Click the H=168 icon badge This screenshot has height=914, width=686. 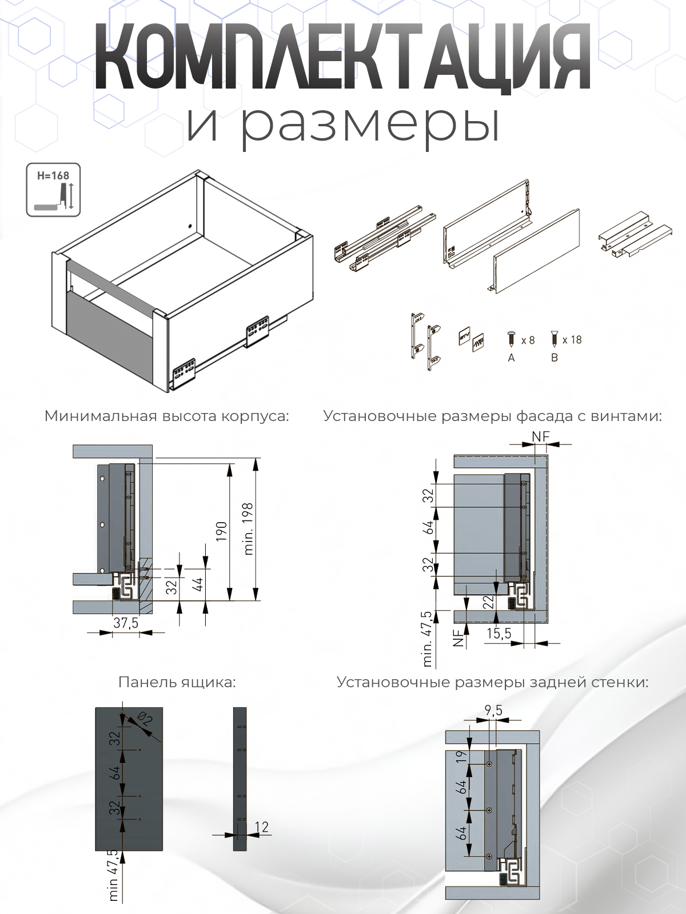coord(53,190)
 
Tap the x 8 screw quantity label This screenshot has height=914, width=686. coord(528,340)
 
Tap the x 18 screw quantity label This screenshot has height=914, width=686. coord(572,340)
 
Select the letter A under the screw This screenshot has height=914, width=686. coord(511,358)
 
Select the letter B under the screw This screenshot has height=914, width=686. coord(554,358)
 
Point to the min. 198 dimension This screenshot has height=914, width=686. coord(248,528)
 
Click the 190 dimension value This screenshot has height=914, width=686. coord(222,531)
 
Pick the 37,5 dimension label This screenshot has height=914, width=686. coord(125,623)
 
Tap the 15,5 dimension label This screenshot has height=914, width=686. coord(498,633)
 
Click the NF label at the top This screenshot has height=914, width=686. coord(540,436)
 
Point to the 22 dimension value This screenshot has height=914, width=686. coord(488,602)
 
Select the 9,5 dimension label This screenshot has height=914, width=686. coord(493,711)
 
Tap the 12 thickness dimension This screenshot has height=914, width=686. coord(261,827)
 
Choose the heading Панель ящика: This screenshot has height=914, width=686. coord(177,682)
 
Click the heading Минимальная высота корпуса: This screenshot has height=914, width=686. coord(166,416)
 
